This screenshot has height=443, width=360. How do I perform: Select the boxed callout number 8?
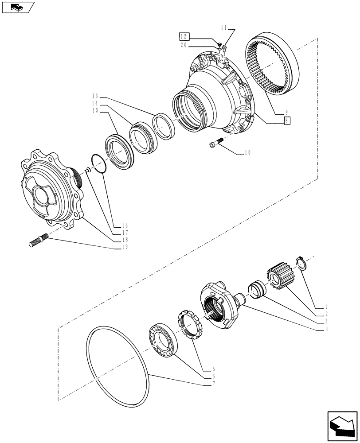tap(287, 120)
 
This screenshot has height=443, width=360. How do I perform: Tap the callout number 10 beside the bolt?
tap(247, 153)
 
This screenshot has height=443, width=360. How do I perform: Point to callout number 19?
tap(125, 247)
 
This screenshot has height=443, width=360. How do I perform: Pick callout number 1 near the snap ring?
tap(326, 307)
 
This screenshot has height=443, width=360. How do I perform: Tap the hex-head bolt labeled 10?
tap(214, 144)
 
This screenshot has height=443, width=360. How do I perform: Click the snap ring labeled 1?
tap(300, 263)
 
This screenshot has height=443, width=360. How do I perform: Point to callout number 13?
tap(95, 96)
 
